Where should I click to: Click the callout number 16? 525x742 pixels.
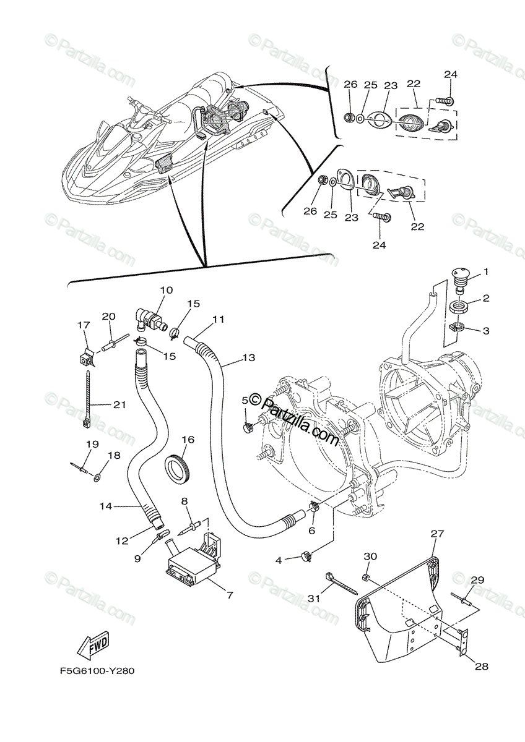click(x=188, y=440)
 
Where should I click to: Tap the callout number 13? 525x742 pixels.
click(x=248, y=357)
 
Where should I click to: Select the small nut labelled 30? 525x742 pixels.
click(x=366, y=576)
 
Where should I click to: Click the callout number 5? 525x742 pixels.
click(x=245, y=401)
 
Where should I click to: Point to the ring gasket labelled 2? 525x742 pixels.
click(x=458, y=305)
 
